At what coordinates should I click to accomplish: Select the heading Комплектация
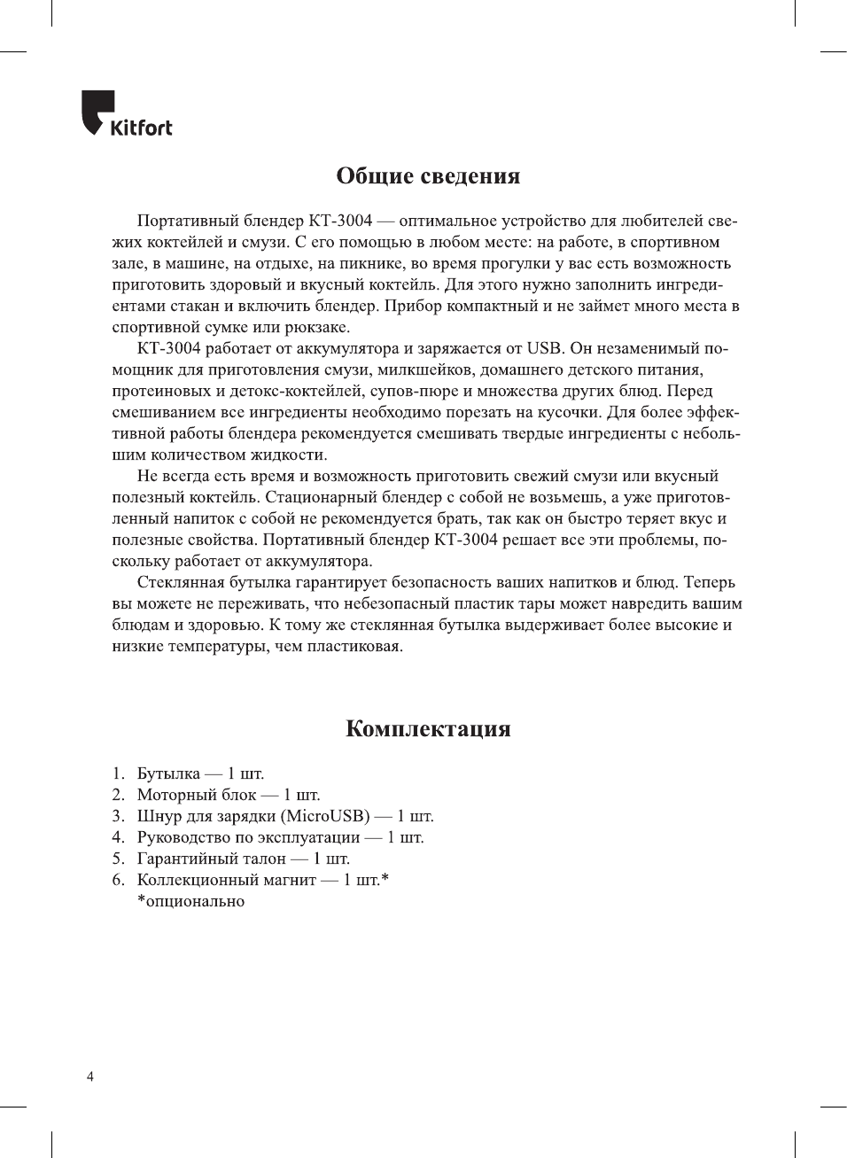point(428,729)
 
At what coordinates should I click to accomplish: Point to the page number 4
point(90,1077)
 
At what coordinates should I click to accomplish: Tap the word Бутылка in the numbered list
point(168,773)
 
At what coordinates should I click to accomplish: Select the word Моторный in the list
point(174,795)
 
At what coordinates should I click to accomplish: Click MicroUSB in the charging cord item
point(324,816)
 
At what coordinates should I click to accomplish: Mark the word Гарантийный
point(184,859)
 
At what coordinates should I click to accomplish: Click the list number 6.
point(118,880)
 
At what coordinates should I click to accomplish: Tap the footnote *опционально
point(190,901)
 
